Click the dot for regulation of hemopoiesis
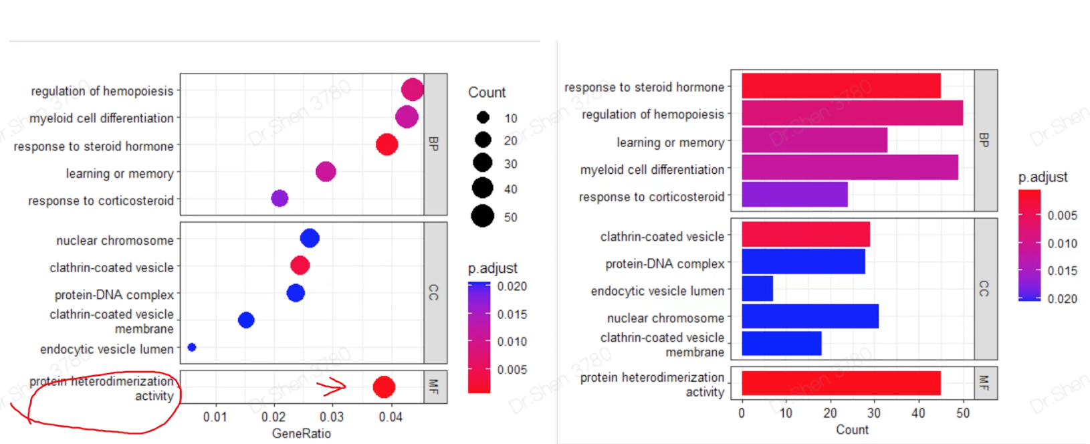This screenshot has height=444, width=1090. [412, 90]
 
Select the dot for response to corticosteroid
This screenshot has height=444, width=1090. [280, 199]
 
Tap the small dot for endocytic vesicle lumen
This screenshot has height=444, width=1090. [192, 347]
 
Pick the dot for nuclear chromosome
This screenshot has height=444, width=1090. [310, 238]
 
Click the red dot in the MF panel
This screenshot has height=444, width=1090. [383, 386]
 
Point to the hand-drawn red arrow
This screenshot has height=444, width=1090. [332, 385]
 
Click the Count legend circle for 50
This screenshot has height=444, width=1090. [482, 216]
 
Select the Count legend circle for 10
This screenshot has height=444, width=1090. [483, 118]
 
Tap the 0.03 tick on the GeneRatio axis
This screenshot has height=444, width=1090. [332, 417]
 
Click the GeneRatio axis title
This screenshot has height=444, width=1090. [301, 433]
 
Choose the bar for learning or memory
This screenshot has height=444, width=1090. [814, 140]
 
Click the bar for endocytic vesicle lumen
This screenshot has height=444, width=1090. [757, 289]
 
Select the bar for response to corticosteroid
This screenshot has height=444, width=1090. [794, 195]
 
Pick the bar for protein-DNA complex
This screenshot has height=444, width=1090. [803, 261]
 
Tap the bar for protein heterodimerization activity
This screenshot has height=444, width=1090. [841, 383]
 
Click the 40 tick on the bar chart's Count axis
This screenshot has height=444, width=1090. [918, 413]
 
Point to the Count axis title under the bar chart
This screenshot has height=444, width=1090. [852, 430]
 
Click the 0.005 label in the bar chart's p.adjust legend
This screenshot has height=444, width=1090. [1062, 215]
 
